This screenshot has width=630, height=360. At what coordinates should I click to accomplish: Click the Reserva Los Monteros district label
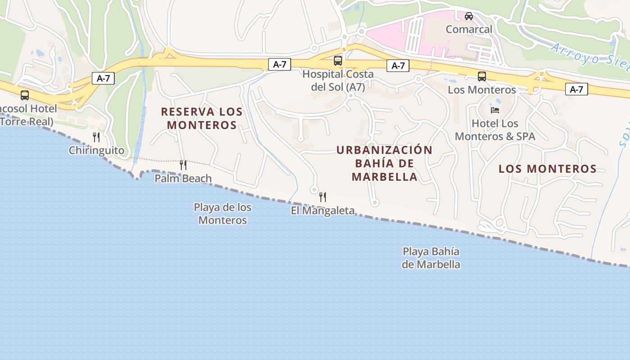[202, 118]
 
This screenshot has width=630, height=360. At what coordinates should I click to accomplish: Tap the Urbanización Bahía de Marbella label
[384, 163]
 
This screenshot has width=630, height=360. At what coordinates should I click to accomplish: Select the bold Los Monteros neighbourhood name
[547, 169]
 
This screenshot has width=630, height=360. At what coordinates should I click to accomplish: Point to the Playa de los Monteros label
[223, 214]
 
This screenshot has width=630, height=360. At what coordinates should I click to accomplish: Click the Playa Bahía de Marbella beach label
[431, 258]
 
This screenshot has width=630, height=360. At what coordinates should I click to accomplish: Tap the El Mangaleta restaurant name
[323, 210]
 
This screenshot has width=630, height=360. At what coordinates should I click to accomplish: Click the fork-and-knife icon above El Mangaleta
[323, 197]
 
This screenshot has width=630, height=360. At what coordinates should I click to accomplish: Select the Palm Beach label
[183, 178]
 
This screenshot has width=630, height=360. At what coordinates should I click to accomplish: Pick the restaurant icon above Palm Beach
[183, 165]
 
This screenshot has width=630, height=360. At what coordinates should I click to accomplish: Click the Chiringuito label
[96, 150]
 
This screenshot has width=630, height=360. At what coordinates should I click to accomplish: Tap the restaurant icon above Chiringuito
[96, 137]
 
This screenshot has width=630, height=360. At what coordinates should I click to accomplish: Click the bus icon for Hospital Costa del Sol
[337, 60]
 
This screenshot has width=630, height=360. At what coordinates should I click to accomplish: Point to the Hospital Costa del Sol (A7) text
[338, 80]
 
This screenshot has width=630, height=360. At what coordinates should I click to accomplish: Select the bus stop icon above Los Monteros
[481, 76]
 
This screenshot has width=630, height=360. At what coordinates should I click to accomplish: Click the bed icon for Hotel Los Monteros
[495, 110]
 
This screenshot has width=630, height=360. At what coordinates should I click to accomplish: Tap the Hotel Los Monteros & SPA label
[495, 130]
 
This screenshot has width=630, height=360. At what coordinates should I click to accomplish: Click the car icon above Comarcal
[469, 16]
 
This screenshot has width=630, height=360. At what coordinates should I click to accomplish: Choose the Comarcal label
[469, 29]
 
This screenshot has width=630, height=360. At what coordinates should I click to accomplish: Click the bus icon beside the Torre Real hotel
[25, 95]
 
